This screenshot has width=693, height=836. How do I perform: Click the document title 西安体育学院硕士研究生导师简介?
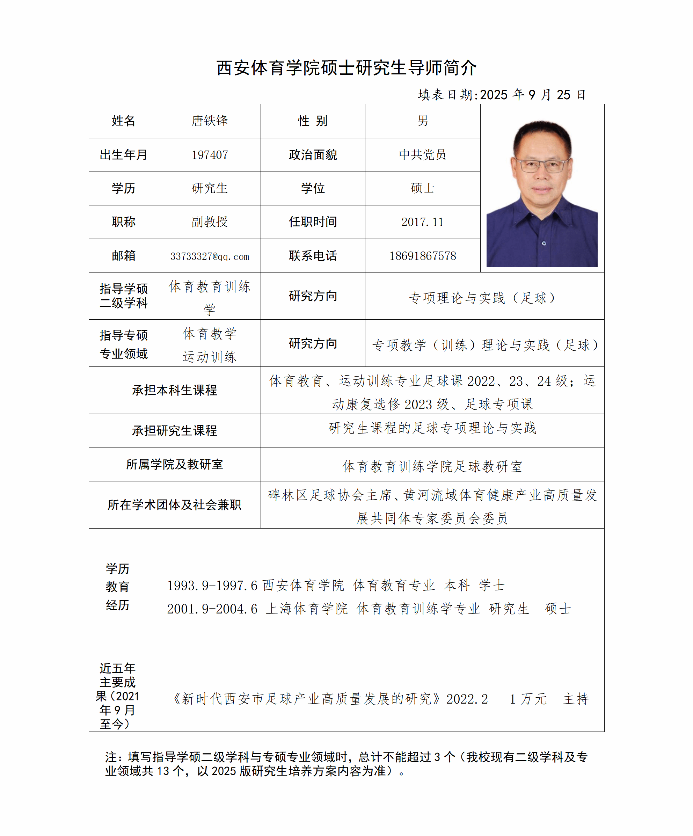click(346, 68)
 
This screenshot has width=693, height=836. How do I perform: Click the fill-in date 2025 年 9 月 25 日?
click(532, 95)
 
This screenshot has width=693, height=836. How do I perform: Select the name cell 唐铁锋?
click(210, 121)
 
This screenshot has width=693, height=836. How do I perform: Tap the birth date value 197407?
click(210, 155)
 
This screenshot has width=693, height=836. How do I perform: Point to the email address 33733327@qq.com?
click(210, 256)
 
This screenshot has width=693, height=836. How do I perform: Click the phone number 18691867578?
click(422, 256)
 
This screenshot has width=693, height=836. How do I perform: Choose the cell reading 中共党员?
click(422, 155)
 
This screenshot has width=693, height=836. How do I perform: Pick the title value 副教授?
click(210, 222)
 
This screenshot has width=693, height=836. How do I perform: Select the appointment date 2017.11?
click(422, 222)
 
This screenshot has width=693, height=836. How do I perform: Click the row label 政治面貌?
click(313, 155)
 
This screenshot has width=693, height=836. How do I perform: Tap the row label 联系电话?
click(313, 256)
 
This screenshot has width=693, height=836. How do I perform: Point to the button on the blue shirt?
click(544, 243)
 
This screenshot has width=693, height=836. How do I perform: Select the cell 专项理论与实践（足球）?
click(484, 297)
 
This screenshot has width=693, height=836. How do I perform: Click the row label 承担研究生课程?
click(174, 430)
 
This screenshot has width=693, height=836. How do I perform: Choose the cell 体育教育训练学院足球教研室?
click(432, 466)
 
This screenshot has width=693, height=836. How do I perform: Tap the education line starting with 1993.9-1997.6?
click(336, 585)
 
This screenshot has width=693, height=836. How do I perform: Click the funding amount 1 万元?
click(528, 699)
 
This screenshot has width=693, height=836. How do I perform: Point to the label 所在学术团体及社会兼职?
click(174, 505)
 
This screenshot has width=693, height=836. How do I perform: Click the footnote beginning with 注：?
click(346, 764)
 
